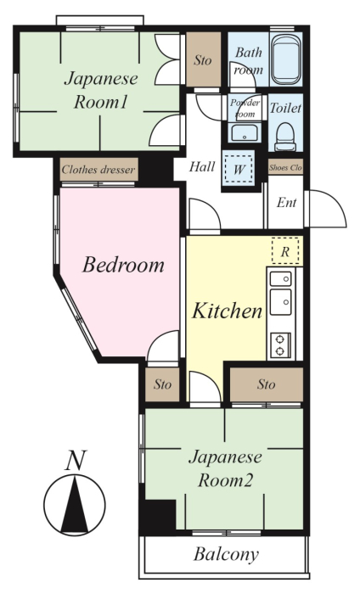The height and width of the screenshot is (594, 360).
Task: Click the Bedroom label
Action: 123,265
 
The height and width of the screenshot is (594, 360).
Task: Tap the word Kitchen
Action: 227,311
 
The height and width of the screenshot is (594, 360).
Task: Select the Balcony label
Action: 226,554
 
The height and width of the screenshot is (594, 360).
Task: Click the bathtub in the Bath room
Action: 286,59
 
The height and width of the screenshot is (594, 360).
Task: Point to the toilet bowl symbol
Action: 285,137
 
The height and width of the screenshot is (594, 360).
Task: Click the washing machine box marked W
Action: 239,169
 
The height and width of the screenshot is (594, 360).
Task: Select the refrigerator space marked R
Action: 285,250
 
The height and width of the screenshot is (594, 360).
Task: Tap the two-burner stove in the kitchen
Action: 280,345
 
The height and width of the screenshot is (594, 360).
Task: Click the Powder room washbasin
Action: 244,133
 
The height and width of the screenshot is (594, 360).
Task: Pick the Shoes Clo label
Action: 286,167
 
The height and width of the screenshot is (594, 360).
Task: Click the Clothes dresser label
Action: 98,170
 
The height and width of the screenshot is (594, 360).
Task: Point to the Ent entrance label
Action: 286,202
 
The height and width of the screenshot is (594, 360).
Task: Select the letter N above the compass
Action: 76,460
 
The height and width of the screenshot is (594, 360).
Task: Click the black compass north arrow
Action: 75,504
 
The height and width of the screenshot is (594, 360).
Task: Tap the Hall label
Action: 202,166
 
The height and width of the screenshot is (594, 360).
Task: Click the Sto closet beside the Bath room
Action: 203,59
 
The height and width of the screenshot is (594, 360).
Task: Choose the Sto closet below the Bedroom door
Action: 162,384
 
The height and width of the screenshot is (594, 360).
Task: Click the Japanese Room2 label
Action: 226,468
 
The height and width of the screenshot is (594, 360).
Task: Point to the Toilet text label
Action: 285,108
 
